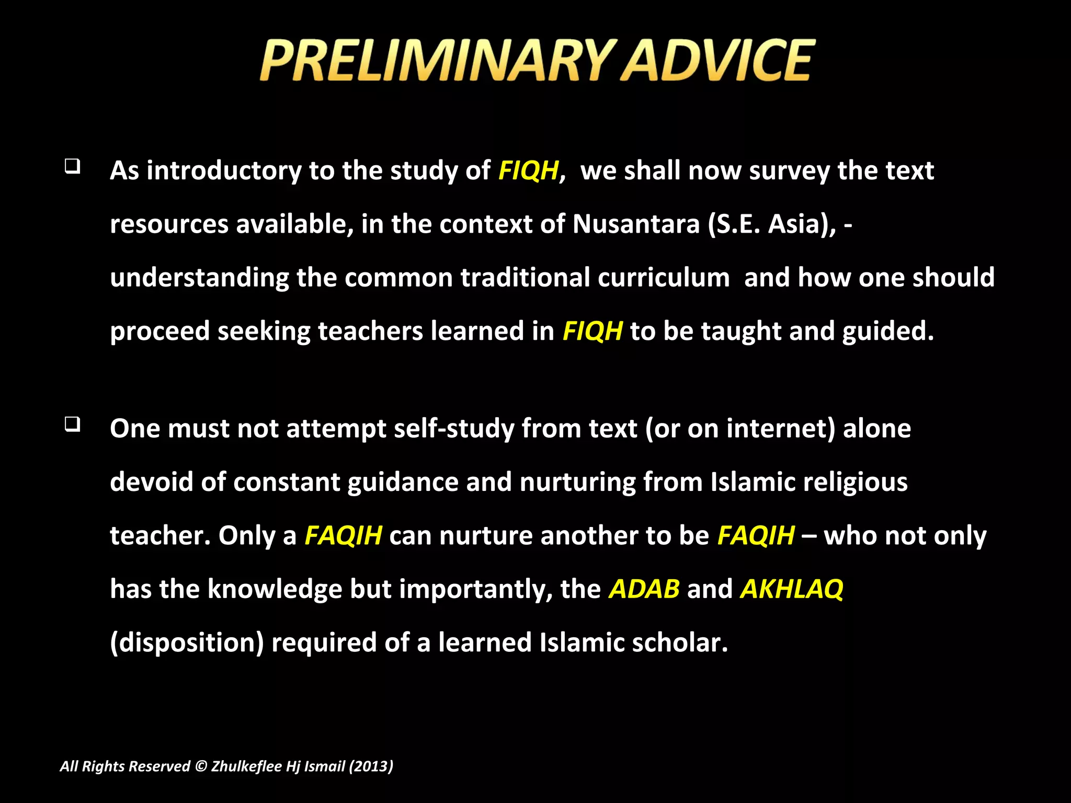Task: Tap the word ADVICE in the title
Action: click(x=717, y=61)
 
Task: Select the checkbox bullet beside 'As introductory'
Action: click(x=72, y=167)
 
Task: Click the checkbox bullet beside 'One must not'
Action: click(x=72, y=424)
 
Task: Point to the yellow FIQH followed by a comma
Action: click(x=528, y=170)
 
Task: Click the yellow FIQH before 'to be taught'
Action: click(x=593, y=331)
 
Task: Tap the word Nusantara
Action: click(x=636, y=224)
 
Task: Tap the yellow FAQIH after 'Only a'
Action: click(x=343, y=535)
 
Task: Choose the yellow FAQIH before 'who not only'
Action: click(x=756, y=535)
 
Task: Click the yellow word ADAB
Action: click(x=644, y=589)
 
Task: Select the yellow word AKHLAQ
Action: click(x=792, y=589)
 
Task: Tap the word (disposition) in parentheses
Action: click(x=187, y=643)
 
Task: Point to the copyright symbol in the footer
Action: click(x=201, y=766)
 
